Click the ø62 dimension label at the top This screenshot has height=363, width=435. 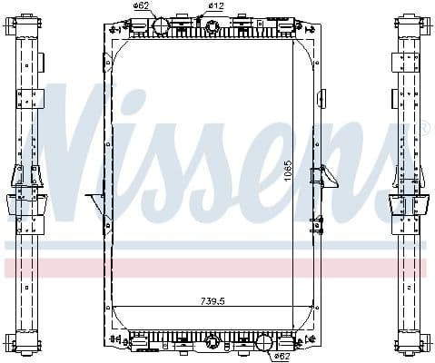(141, 6)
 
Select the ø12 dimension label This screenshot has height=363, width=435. (215, 6)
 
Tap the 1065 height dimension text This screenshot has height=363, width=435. (287, 170)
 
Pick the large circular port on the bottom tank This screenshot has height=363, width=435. (265, 344)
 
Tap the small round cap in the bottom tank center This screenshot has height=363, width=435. (213, 343)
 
